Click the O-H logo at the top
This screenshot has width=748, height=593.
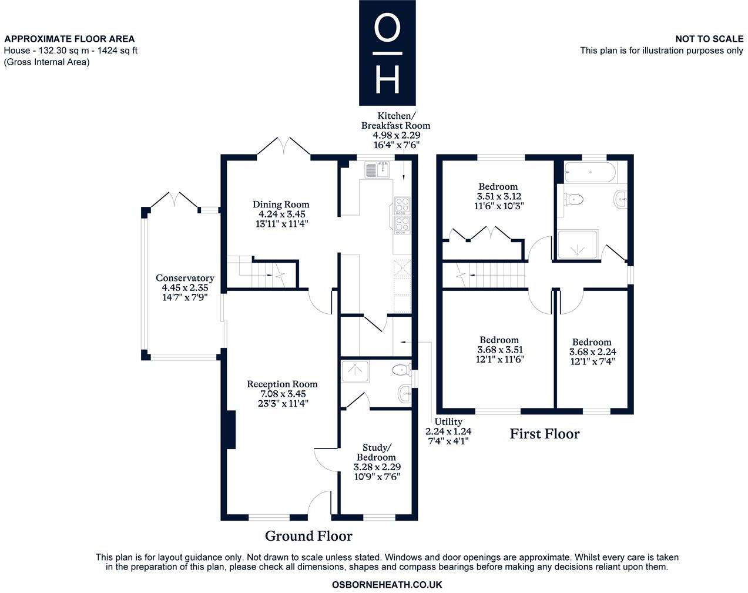point(387,53)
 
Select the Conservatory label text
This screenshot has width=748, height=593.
point(185,287)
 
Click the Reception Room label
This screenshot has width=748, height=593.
point(282,394)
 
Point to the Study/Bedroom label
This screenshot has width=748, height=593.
point(377,462)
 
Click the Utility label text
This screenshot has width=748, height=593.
point(448,430)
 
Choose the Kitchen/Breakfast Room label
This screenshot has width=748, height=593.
point(395,130)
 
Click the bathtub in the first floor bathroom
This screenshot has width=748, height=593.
point(589,173)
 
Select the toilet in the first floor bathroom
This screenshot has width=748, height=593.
point(572,199)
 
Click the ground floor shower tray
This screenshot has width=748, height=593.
point(355,371)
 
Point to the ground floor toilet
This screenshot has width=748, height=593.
point(401,370)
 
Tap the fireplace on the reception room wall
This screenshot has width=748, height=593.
point(231,430)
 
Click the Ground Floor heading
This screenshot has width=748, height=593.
point(308,536)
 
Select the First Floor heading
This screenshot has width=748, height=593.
point(544,434)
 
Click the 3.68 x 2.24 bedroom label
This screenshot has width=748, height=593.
point(592,351)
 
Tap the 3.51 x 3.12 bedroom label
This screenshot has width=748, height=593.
point(498,196)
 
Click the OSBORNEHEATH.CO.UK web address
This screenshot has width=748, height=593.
point(387,585)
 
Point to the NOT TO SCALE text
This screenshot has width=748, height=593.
point(709,39)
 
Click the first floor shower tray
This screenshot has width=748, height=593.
point(578,244)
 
